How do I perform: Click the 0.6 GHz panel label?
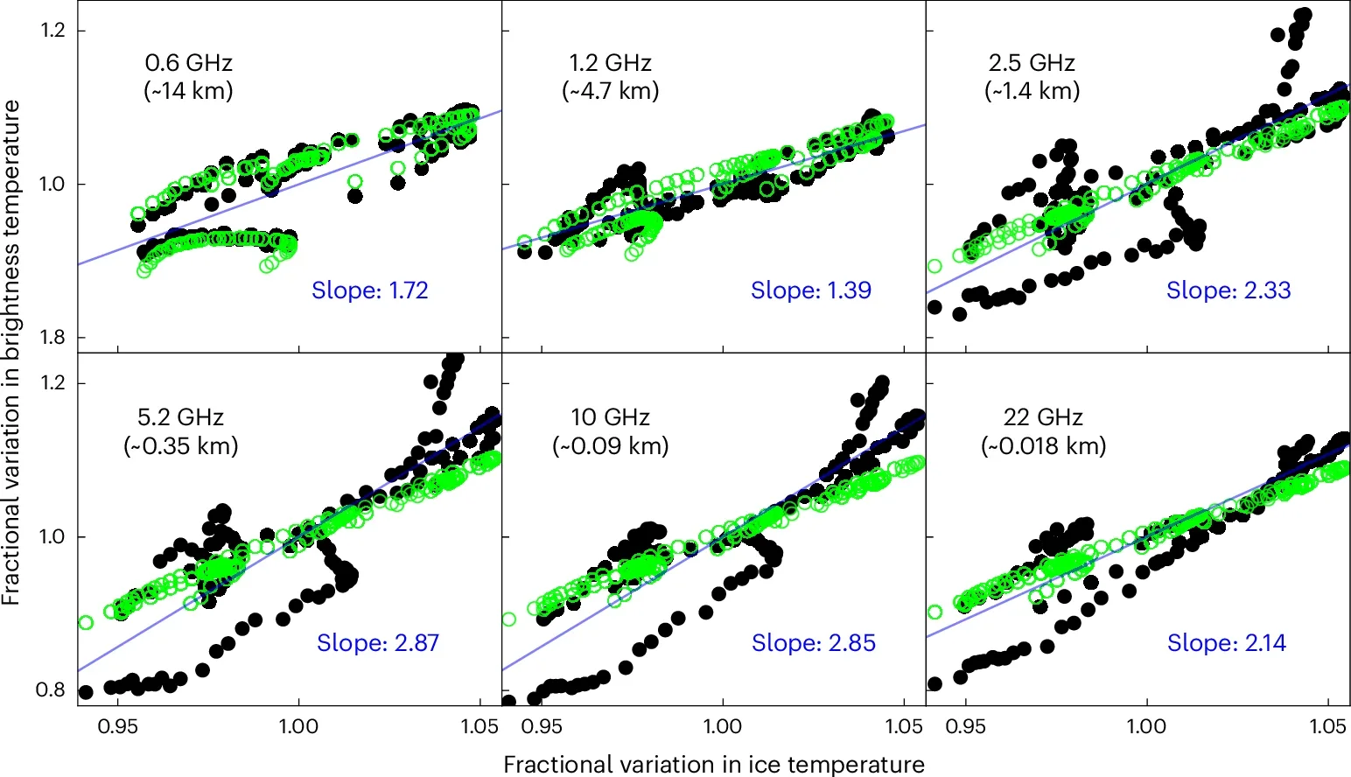click(189, 63)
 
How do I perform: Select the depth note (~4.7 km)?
click(611, 91)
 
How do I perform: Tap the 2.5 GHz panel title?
click(1032, 63)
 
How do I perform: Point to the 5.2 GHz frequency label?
click(180, 417)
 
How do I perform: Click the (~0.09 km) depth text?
click(611, 445)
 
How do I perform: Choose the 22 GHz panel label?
click(1043, 417)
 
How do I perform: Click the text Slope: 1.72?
click(370, 290)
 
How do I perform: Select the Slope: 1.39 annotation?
click(811, 290)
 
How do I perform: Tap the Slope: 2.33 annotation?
click(1228, 290)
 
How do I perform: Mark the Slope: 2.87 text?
click(378, 643)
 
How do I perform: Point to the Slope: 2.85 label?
click(814, 643)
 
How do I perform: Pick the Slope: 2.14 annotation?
click(1227, 643)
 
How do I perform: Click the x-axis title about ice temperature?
click(714, 764)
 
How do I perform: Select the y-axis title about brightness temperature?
click(11, 352)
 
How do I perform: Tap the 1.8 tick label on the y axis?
click(52, 338)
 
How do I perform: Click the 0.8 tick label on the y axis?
click(51, 690)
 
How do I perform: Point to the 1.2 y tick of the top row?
click(52, 31)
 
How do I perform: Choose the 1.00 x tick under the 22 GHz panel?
click(1146, 726)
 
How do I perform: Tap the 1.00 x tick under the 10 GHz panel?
click(723, 726)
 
